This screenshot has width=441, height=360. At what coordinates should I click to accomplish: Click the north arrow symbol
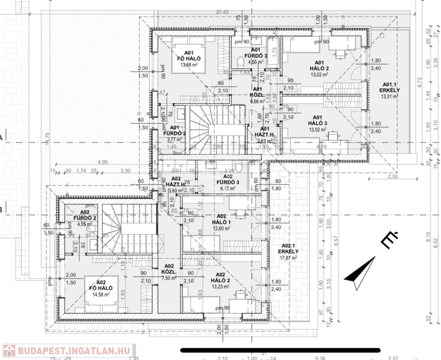pyautogui.click(x=360, y=273)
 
